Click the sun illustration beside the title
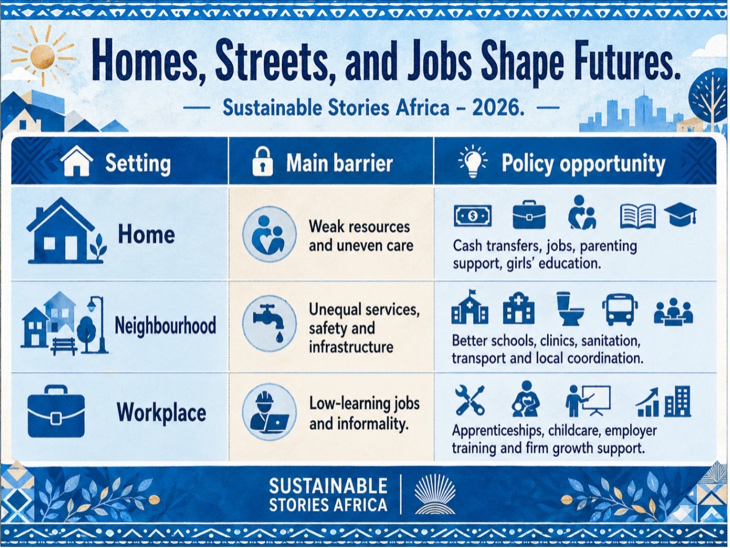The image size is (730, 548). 43,56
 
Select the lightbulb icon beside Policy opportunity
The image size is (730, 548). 473,162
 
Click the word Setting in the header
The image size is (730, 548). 138,164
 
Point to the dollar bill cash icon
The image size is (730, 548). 473,216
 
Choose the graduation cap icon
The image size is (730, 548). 680,215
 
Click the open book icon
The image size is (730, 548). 638,216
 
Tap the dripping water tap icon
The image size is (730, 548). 269,323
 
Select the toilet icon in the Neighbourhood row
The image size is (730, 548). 570,308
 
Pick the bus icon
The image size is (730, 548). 620,309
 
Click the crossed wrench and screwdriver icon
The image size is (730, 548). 469,400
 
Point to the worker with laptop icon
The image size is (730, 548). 269,412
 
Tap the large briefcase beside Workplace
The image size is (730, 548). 56,411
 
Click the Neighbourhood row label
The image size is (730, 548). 165,325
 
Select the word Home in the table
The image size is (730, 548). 146,234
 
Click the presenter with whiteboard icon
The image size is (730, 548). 588,401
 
